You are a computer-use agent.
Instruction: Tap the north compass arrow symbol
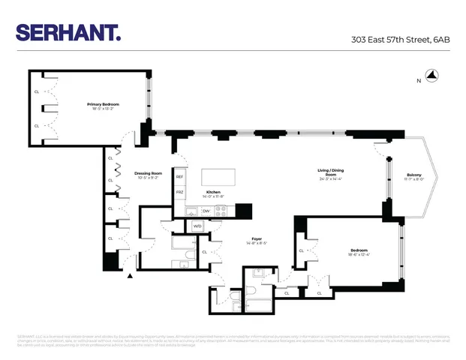click(x=431, y=75)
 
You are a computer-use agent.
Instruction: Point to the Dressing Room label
click(x=149, y=173)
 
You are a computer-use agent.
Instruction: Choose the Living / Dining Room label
click(x=330, y=172)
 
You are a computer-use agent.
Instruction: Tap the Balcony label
click(x=414, y=174)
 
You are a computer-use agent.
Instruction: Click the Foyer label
click(x=257, y=239)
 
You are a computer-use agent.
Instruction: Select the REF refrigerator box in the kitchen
click(x=180, y=177)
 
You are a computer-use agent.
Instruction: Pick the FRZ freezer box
click(x=180, y=193)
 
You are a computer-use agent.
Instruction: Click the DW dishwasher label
click(x=206, y=211)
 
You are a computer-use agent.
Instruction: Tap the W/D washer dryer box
click(x=198, y=225)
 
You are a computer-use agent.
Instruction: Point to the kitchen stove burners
click(x=221, y=211)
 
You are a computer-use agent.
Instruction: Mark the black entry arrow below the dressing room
click(x=131, y=276)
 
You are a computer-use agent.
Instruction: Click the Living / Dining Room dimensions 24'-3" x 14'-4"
click(x=330, y=179)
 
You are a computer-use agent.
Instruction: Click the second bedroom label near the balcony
click(x=359, y=250)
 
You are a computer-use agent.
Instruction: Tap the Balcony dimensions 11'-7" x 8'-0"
click(x=414, y=179)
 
